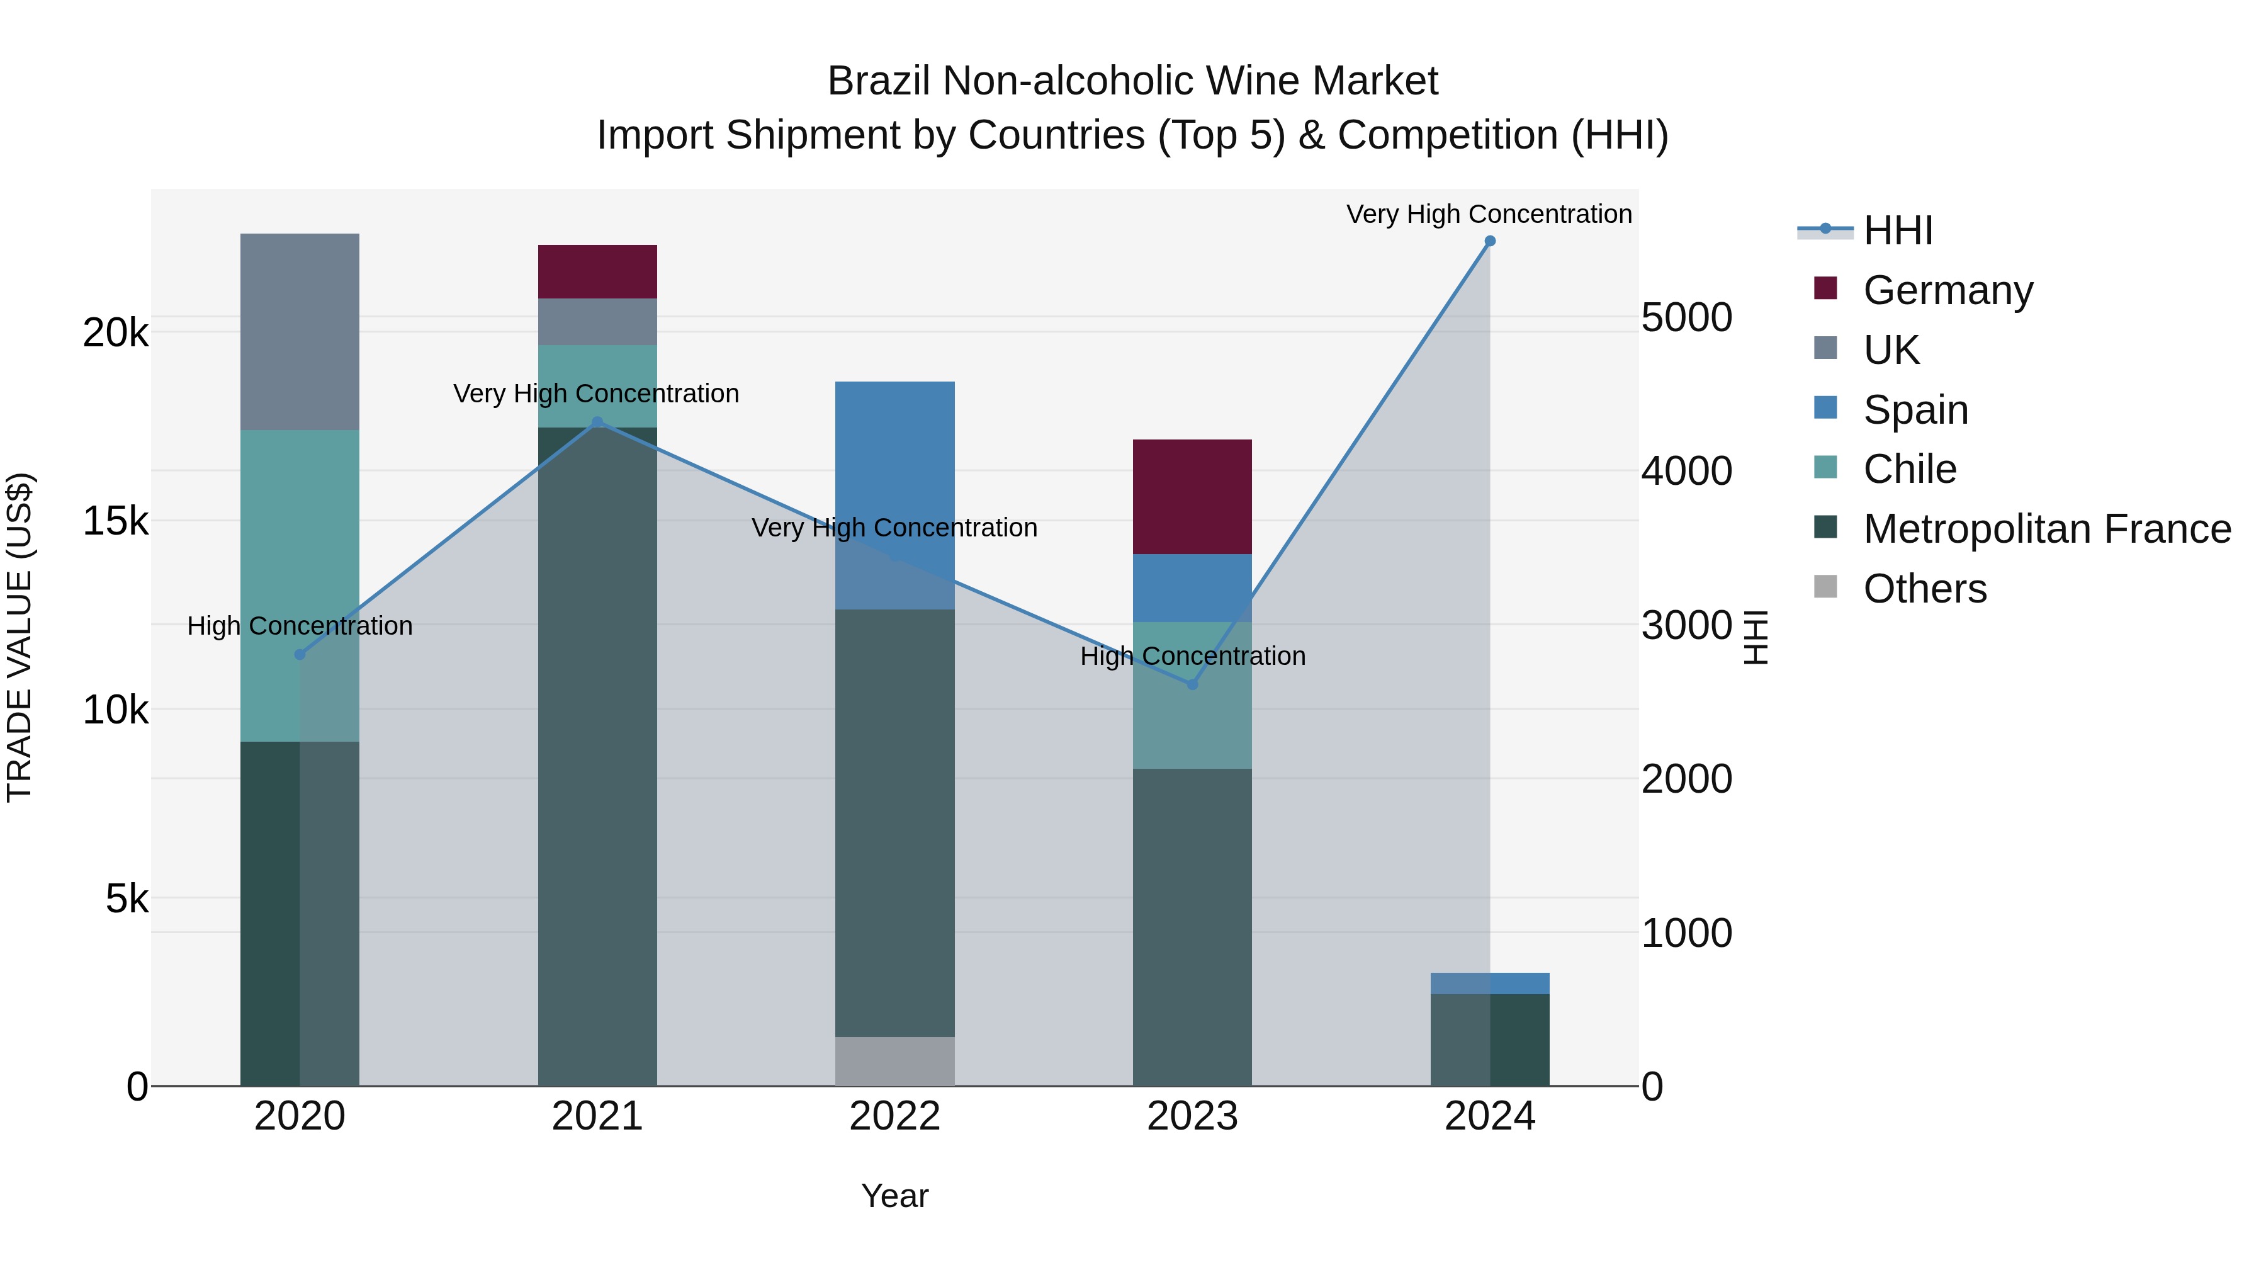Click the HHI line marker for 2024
[x=1489, y=241]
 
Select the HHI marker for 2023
[x=1193, y=684]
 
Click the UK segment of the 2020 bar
[x=300, y=332]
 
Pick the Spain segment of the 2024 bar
[x=1489, y=983]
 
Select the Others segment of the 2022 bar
[x=894, y=1060]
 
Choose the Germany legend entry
[x=1948, y=290]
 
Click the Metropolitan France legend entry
[x=2046, y=529]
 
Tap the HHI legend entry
[x=1897, y=230]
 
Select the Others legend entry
[x=1924, y=589]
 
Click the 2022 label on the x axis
[x=894, y=1116]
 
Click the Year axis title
[x=894, y=1196]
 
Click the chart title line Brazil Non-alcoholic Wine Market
[x=1132, y=81]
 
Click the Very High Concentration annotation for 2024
[x=1489, y=214]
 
